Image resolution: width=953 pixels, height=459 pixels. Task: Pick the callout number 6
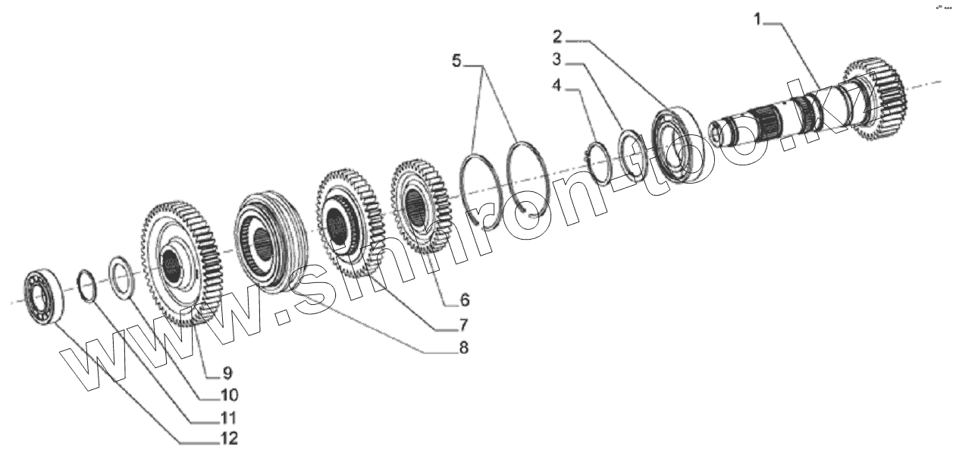(x=464, y=297)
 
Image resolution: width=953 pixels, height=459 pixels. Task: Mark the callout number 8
(x=462, y=348)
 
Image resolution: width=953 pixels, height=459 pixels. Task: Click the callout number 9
(x=227, y=372)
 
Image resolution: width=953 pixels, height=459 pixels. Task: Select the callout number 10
(x=228, y=395)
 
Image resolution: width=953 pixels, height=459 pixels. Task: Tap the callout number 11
(x=227, y=417)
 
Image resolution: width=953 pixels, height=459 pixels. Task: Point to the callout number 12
(x=227, y=438)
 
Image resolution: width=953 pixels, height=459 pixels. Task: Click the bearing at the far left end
(x=42, y=297)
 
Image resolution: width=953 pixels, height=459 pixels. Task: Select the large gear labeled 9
(x=180, y=263)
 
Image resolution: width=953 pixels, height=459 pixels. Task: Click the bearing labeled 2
(x=675, y=144)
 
